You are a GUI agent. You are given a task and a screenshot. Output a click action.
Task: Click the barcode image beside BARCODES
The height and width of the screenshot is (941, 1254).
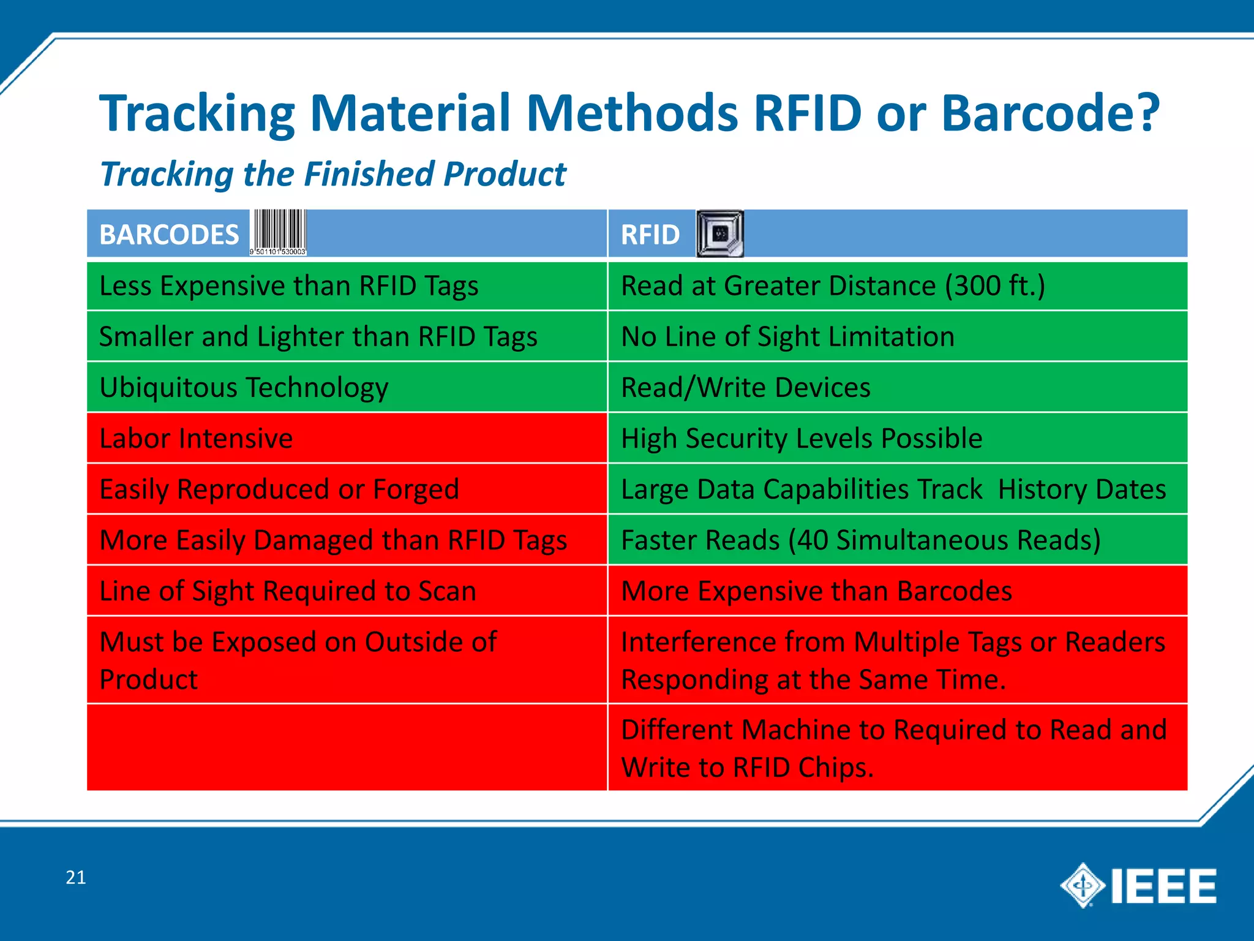(x=278, y=232)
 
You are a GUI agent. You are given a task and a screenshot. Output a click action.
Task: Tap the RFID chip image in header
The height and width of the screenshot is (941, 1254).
(x=719, y=233)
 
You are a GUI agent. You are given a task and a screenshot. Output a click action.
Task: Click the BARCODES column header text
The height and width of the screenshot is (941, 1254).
(x=169, y=235)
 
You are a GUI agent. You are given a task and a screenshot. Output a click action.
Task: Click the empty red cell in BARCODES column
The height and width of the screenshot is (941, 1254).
(x=347, y=747)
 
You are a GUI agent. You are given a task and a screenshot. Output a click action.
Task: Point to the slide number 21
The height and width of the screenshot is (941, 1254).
(x=75, y=877)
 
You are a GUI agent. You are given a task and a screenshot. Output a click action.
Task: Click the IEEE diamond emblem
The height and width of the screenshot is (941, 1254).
(x=1083, y=885)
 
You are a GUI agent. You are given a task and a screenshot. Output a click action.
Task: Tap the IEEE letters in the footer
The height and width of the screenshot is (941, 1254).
(x=1163, y=886)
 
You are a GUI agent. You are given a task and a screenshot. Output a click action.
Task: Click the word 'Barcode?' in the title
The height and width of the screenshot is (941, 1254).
(x=1049, y=113)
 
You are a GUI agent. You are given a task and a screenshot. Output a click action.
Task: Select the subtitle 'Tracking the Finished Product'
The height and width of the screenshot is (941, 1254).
(x=332, y=174)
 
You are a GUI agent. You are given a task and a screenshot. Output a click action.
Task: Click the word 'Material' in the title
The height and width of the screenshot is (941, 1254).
(x=410, y=113)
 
